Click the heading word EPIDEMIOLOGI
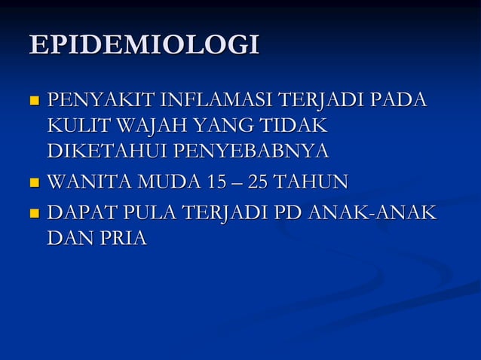pyautogui.click(x=143, y=45)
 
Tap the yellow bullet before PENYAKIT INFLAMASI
pyautogui.click(x=33, y=100)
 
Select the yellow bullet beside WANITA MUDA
pyautogui.click(x=33, y=182)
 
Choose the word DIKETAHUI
pyautogui.click(x=107, y=151)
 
